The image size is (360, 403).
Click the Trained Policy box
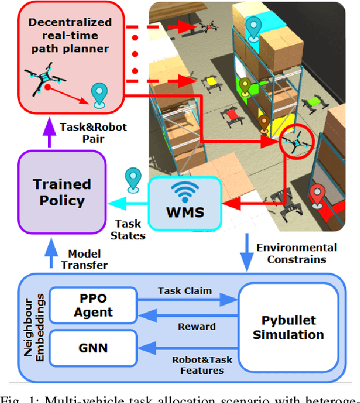(62, 192)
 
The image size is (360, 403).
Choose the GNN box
(93, 347)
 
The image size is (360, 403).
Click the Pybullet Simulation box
(288, 327)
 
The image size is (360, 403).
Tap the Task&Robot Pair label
(93, 133)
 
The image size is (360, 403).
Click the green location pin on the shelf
(245, 86)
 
